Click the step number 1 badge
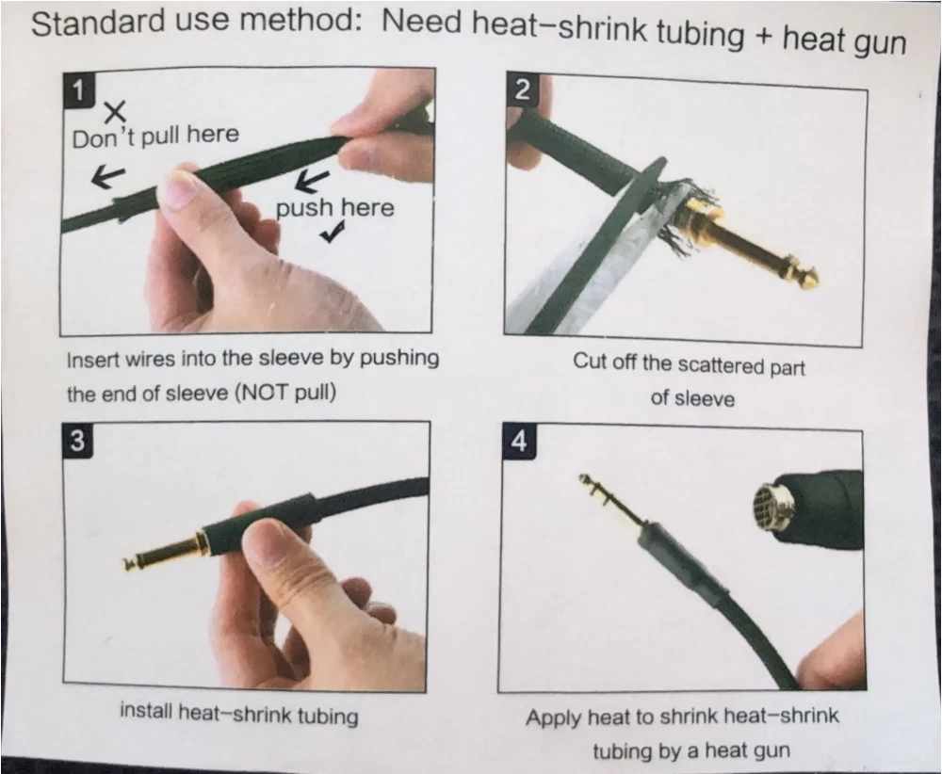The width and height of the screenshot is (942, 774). [x=77, y=90]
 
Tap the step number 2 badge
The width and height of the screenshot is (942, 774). [x=522, y=90]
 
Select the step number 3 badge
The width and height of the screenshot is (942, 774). [x=78, y=441]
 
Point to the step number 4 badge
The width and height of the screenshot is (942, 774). [x=518, y=442]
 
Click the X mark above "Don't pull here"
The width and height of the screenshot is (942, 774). [x=115, y=112]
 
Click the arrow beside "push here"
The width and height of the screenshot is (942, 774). [x=314, y=180]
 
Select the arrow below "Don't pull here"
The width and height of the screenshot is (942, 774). [x=108, y=176]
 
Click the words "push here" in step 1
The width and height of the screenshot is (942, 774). [x=334, y=207]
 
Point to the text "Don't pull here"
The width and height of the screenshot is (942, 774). [x=155, y=136]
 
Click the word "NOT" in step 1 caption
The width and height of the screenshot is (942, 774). [x=262, y=393]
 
